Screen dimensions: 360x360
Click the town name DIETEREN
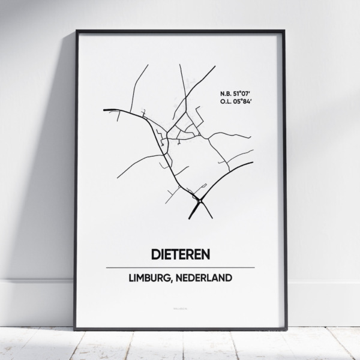coord(180,254)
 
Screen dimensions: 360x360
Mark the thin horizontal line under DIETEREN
coord(180,268)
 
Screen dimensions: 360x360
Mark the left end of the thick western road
coord(104,110)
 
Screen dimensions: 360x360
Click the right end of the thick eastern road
coord(252,163)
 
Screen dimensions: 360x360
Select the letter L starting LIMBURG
coord(131,278)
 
